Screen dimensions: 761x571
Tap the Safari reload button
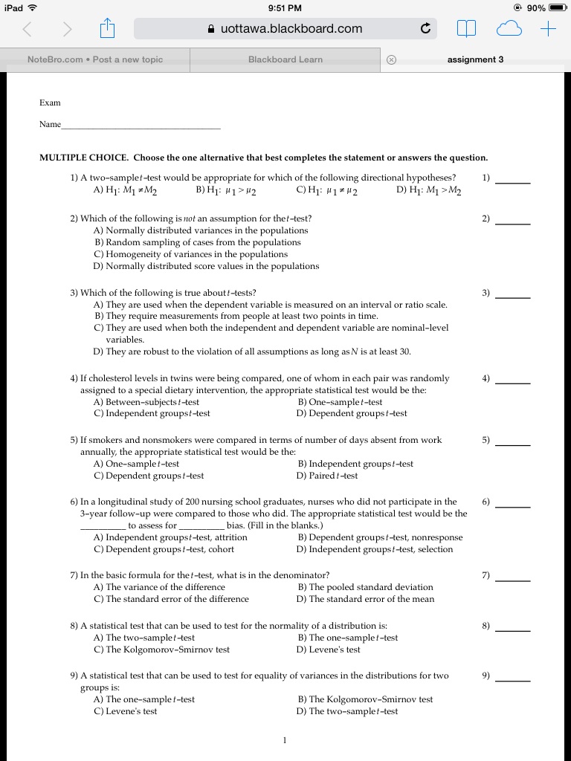(425, 29)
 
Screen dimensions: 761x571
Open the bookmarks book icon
(466, 29)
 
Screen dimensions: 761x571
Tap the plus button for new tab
(548, 29)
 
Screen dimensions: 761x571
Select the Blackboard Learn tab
(285, 59)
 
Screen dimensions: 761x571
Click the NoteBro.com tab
(94, 59)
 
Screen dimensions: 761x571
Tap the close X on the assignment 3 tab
(392, 59)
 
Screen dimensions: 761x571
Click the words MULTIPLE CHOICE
(85, 158)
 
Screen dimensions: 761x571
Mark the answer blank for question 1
(513, 178)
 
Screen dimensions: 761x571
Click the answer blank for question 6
(513, 502)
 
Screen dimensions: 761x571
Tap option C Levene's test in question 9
(126, 711)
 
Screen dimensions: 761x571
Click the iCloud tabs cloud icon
(509, 29)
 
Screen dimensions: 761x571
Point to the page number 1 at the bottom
(285, 740)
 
